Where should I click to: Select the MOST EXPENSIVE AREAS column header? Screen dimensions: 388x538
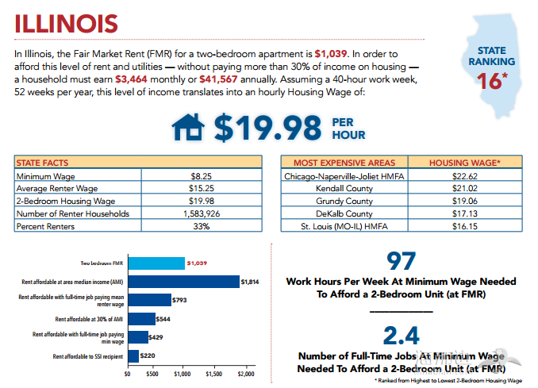[344, 163]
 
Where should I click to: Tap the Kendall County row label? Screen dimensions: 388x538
[344, 189]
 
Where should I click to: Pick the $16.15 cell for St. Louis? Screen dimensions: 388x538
[464, 226]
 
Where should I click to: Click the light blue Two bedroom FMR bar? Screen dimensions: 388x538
[156, 263]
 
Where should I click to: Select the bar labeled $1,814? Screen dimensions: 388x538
[183, 282]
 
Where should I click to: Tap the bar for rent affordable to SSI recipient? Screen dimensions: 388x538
[133, 355]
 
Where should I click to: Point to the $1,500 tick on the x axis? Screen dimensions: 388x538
[215, 373]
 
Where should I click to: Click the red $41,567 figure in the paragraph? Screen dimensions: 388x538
[219, 80]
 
